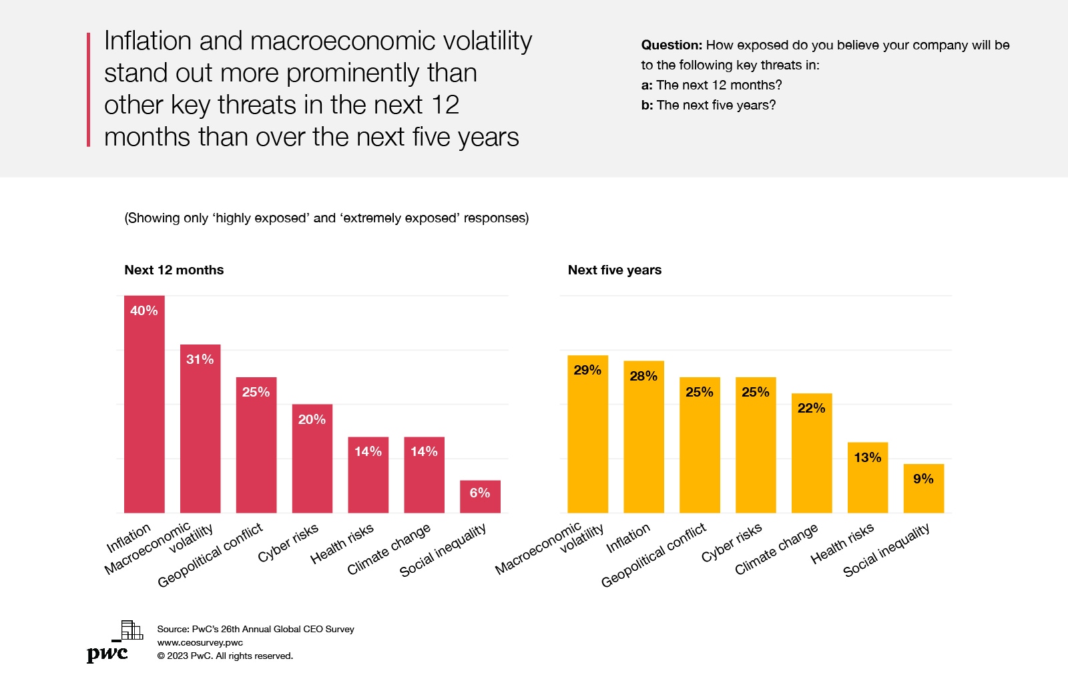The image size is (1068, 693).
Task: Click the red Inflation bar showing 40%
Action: (144, 404)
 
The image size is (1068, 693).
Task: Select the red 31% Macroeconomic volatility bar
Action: (200, 429)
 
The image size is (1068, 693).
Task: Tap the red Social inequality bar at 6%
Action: (480, 497)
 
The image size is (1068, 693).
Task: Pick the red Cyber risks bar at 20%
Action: (312, 459)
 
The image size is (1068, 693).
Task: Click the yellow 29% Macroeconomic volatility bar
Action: (587, 434)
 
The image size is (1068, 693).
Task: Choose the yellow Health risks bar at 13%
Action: (867, 478)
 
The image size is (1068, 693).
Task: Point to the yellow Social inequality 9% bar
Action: (923, 489)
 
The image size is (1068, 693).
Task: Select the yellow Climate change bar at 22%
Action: (812, 453)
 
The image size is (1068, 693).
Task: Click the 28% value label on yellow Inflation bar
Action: (643, 376)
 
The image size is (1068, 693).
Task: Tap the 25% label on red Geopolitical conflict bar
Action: (256, 392)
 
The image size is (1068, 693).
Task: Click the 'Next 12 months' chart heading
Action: (174, 270)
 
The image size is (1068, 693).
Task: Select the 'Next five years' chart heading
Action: (614, 270)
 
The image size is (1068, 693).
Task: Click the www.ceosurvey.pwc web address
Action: (200, 642)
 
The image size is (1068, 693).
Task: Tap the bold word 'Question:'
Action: (671, 45)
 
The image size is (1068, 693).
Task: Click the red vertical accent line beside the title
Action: (88, 89)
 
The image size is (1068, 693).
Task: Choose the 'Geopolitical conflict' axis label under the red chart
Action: (210, 555)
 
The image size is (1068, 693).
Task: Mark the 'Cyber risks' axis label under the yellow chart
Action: (732, 543)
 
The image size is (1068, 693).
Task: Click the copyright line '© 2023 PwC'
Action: (225, 656)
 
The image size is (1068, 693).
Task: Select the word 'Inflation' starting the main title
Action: (148, 41)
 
